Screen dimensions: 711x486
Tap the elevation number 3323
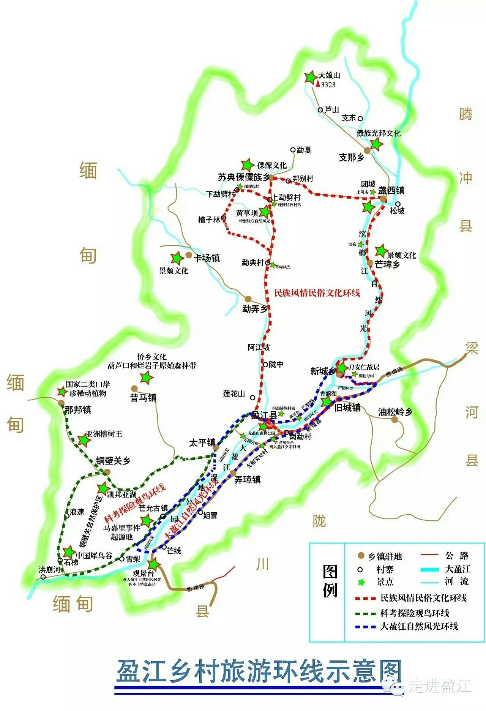click(x=328, y=85)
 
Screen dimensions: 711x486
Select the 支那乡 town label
click(x=352, y=157)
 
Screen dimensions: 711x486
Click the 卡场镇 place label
click(x=207, y=258)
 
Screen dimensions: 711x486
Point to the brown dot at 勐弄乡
click(x=248, y=299)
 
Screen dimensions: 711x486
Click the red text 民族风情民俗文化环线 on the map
click(x=317, y=293)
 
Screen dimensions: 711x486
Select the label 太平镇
click(x=202, y=443)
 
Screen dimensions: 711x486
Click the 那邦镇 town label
click(x=78, y=410)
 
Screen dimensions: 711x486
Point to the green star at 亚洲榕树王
click(x=84, y=440)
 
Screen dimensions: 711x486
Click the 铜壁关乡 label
click(x=113, y=461)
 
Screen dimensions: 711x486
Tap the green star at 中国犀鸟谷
click(x=69, y=552)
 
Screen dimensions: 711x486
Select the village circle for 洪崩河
click(x=43, y=577)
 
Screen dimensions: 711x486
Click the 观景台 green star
click(x=153, y=564)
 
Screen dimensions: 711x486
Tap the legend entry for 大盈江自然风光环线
click(x=419, y=626)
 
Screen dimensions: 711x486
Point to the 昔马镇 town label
click(x=143, y=398)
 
